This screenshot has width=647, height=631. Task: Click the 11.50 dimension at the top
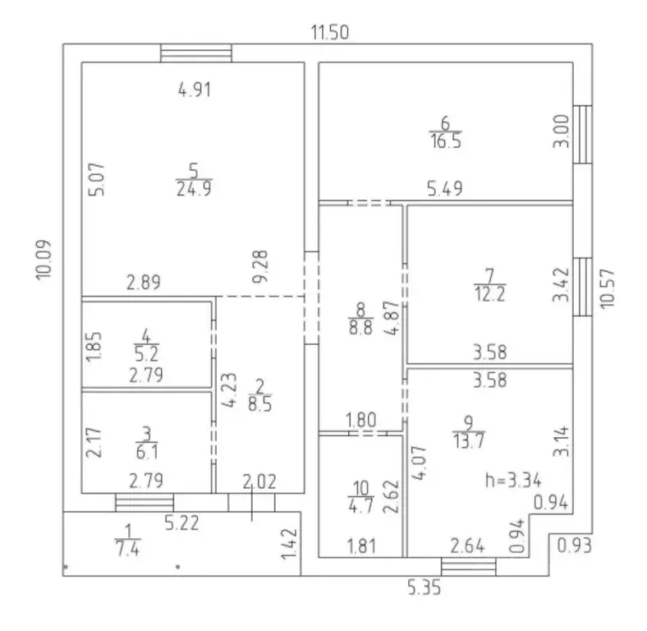[x=330, y=32]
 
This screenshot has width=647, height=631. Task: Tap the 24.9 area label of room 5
[x=194, y=190]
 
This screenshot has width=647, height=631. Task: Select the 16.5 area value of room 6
[x=446, y=140]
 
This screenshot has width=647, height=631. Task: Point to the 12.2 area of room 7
[x=490, y=294]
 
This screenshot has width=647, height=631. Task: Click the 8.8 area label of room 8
[x=361, y=327]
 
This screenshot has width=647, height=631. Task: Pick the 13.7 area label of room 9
[x=469, y=441]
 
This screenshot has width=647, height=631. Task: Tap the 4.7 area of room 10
[x=361, y=505]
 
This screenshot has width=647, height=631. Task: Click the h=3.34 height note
[x=513, y=481]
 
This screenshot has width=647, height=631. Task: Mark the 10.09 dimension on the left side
[x=44, y=260]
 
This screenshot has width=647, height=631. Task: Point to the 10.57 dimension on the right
[x=608, y=288]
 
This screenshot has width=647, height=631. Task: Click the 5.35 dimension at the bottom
[x=424, y=587]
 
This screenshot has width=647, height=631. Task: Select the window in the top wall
[x=196, y=53]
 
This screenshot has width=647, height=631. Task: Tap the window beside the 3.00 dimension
[x=583, y=135]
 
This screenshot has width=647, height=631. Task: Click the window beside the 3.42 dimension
[x=583, y=287]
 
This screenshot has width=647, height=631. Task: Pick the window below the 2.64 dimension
[x=468, y=567]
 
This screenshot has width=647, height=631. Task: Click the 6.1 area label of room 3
[x=147, y=453]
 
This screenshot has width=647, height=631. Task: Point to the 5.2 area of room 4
[x=146, y=354]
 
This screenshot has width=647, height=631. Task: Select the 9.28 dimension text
[x=260, y=266]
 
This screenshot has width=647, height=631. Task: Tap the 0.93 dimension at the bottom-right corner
[x=575, y=546]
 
